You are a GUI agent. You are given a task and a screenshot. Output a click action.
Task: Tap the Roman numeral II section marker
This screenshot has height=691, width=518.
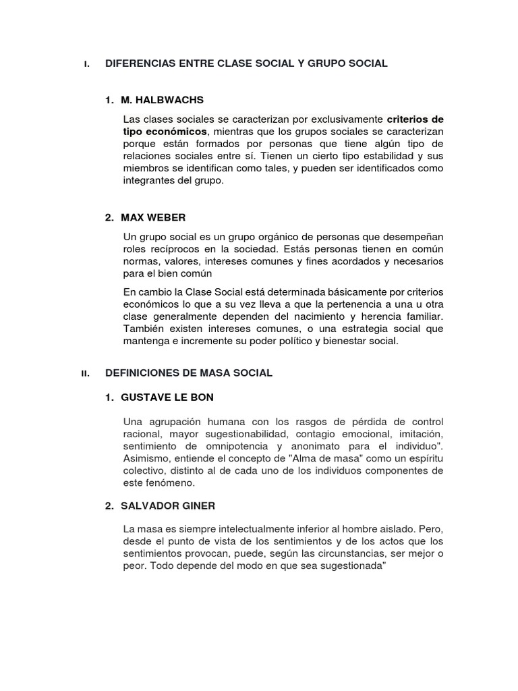pyautogui.click(x=86, y=373)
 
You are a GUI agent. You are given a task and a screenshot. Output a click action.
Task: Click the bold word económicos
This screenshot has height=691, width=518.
pyautogui.click(x=177, y=131)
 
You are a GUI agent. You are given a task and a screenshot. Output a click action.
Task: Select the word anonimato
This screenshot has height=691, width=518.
pyautogui.click(x=333, y=447)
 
